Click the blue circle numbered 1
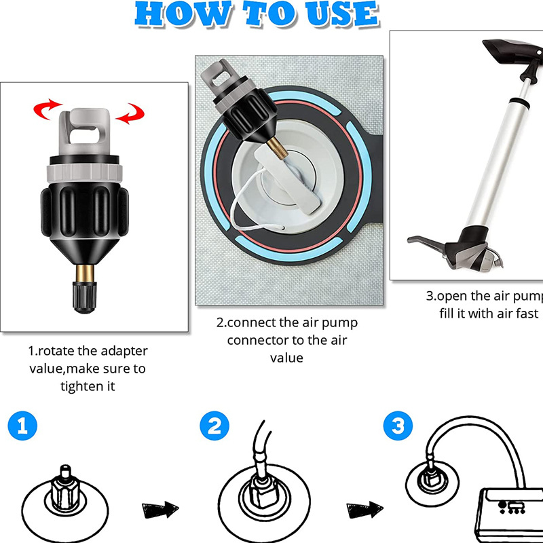[22, 426]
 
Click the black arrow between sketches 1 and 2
[160, 508]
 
